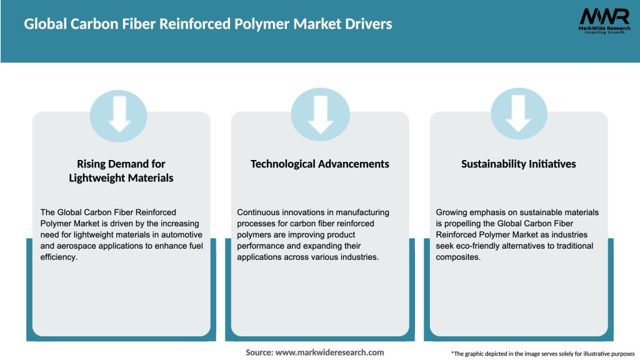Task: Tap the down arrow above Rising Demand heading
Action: point(120,112)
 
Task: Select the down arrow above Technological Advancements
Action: point(320,112)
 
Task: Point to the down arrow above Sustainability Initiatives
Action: point(518,112)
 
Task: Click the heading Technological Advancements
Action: point(319,164)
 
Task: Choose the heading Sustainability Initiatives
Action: point(518,164)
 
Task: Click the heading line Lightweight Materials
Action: point(121,178)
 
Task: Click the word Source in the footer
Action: point(259,352)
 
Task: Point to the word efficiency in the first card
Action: point(58,257)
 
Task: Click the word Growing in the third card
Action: point(452,212)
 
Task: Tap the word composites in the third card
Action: point(457,257)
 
